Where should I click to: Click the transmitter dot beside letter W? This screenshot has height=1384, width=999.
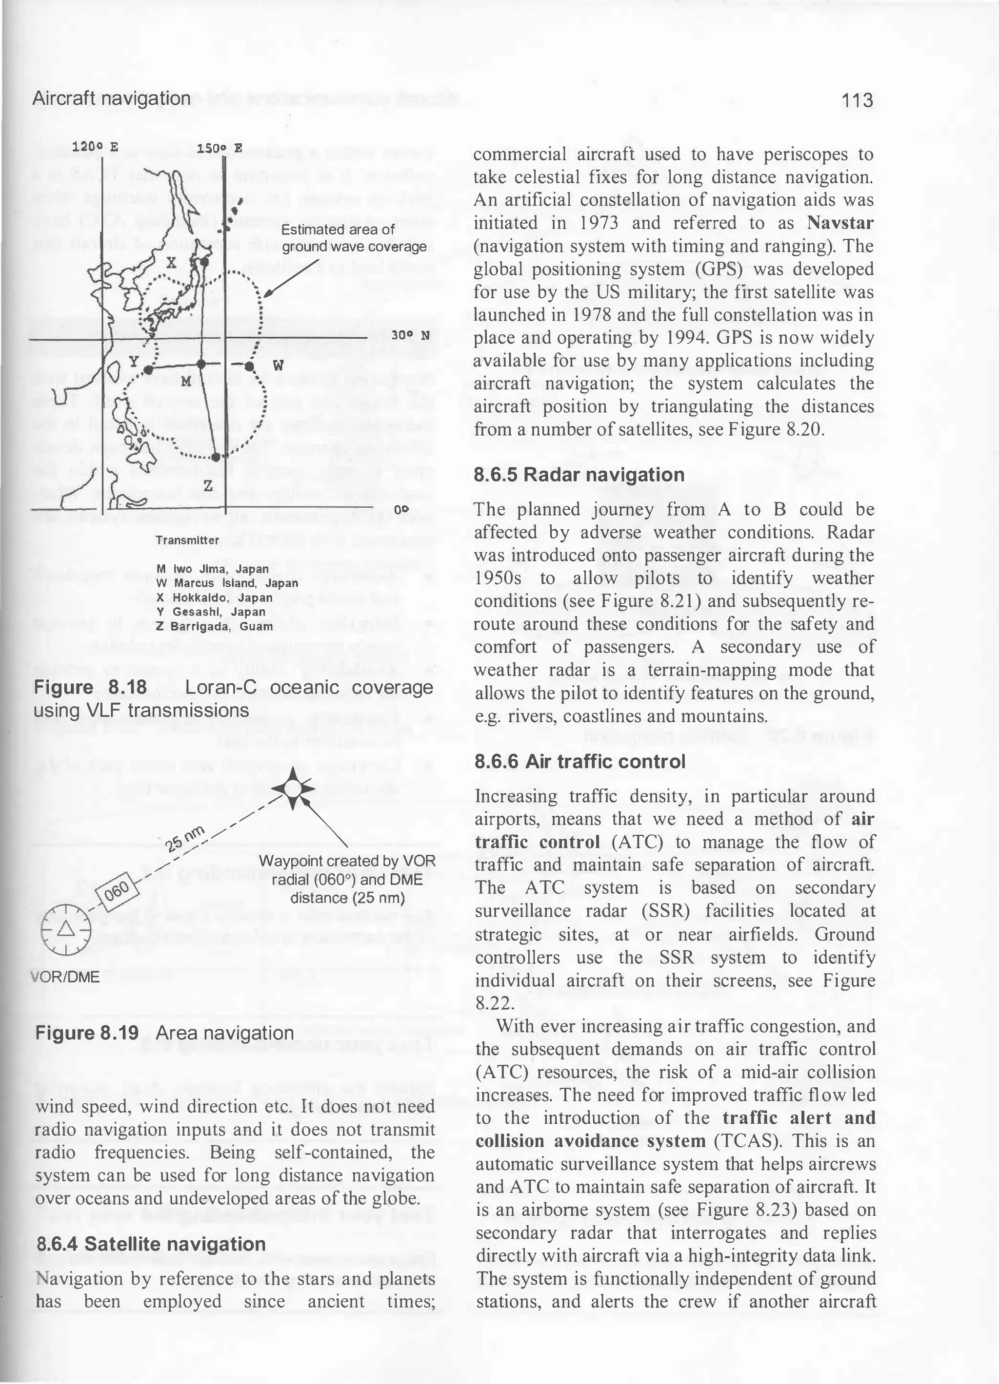coord(249,366)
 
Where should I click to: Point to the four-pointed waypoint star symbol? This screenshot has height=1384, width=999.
coord(293,789)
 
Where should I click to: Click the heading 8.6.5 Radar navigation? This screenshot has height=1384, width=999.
coord(579,474)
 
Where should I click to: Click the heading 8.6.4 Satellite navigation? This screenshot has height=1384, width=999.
coord(151,1244)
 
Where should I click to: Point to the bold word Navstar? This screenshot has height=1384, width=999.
coord(839,223)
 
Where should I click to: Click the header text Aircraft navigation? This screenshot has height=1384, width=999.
coord(111,98)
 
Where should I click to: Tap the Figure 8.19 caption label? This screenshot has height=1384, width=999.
coord(87,1033)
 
